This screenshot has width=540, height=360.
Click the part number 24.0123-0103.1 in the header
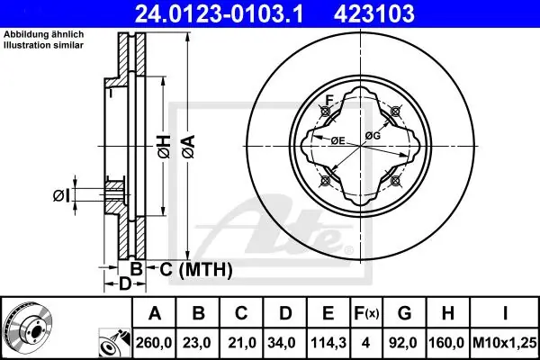(x=219, y=13)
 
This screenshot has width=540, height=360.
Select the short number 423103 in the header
(x=374, y=13)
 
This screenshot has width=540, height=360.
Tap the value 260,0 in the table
(x=154, y=343)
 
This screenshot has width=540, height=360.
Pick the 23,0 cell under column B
(x=198, y=343)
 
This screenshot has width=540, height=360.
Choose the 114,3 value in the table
(x=328, y=343)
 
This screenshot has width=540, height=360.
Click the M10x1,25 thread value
(x=505, y=343)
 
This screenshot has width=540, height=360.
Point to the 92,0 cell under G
(x=404, y=343)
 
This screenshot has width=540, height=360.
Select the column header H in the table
(x=447, y=313)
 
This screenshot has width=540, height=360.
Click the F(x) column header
(x=366, y=313)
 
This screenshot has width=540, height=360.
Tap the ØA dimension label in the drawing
(x=189, y=147)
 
